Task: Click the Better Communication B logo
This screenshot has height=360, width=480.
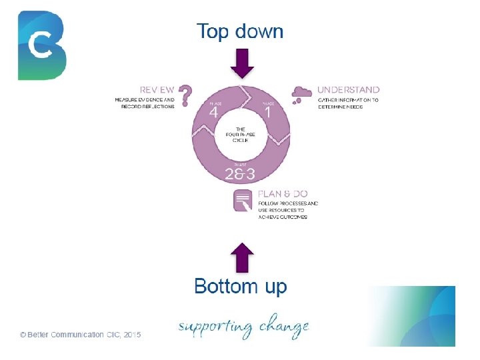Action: pos(42,45)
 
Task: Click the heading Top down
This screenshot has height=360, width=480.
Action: pos(239,31)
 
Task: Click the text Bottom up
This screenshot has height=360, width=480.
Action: pos(241,287)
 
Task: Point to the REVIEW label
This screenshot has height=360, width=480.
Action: pos(157,89)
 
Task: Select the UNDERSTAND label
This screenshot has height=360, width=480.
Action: pos(349,89)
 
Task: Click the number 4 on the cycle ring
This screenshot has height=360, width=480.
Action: pos(213,113)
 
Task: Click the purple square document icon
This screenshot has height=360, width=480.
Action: pos(243,201)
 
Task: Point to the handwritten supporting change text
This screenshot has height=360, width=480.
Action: pos(243,327)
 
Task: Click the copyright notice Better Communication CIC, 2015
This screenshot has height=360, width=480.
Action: pos(80,335)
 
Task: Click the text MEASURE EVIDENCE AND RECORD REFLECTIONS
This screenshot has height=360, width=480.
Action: pos(145,103)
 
